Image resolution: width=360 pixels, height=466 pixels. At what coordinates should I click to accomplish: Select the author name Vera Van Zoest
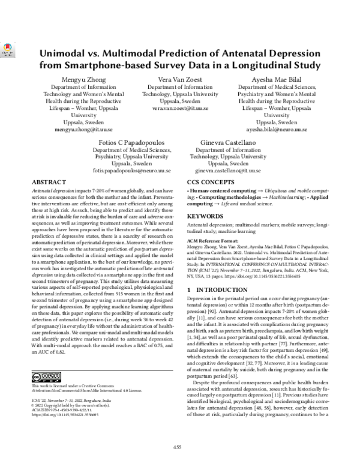click(180, 79)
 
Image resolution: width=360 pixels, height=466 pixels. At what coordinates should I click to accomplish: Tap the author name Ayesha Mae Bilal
click(276, 79)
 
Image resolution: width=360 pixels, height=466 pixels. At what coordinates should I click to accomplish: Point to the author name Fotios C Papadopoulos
click(133, 141)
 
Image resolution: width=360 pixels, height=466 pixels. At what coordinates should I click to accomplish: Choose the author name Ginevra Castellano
click(227, 141)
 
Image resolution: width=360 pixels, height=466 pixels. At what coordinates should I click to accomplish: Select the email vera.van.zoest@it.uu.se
click(180, 109)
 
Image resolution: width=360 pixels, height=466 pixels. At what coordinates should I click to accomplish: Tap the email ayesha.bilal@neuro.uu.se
click(276, 129)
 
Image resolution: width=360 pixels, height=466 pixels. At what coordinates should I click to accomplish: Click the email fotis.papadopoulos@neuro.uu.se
click(133, 171)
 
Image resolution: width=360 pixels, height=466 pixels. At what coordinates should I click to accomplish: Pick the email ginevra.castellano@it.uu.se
click(227, 171)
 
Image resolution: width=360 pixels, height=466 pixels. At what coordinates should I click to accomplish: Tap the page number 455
click(178, 446)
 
